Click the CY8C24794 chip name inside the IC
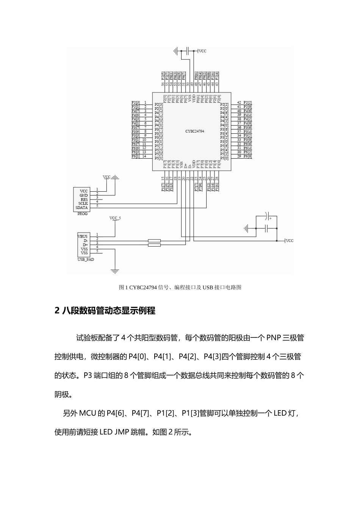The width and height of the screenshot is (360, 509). (x=195, y=131)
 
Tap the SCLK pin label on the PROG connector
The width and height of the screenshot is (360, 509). (x=83, y=203)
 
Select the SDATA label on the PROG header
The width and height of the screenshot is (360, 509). (x=82, y=208)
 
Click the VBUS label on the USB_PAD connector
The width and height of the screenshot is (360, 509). (x=83, y=236)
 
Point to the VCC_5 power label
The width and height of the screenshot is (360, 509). (x=115, y=218)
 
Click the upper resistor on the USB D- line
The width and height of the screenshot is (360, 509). (x=154, y=241)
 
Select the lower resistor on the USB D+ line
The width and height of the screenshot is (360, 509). (x=154, y=245)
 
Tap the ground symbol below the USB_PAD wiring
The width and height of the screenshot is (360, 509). (x=114, y=270)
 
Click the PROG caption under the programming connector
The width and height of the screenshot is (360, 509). (x=82, y=214)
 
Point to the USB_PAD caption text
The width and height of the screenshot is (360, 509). (x=86, y=259)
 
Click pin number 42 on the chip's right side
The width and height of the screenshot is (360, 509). (x=239, y=103)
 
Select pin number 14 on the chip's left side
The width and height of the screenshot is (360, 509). (x=144, y=156)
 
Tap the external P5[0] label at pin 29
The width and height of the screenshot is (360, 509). (x=247, y=156)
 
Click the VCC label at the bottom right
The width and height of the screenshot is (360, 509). (x=290, y=241)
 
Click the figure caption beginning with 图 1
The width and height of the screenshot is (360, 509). (x=180, y=287)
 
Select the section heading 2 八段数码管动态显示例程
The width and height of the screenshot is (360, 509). (x=105, y=311)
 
